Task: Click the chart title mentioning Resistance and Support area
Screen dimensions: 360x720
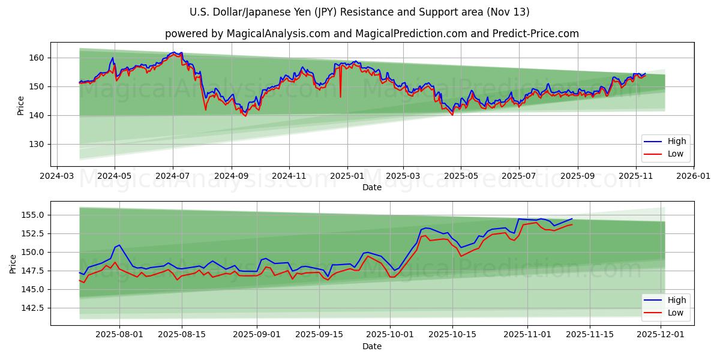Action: click(359, 12)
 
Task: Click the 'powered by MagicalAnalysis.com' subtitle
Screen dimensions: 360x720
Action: click(371, 34)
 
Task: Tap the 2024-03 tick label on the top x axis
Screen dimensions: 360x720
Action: click(56, 177)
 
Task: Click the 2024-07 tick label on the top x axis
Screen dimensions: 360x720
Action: click(173, 177)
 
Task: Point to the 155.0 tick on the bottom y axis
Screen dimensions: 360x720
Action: click(33, 215)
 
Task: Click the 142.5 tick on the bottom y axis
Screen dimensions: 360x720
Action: click(33, 308)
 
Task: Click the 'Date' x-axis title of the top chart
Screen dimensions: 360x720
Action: click(371, 187)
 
